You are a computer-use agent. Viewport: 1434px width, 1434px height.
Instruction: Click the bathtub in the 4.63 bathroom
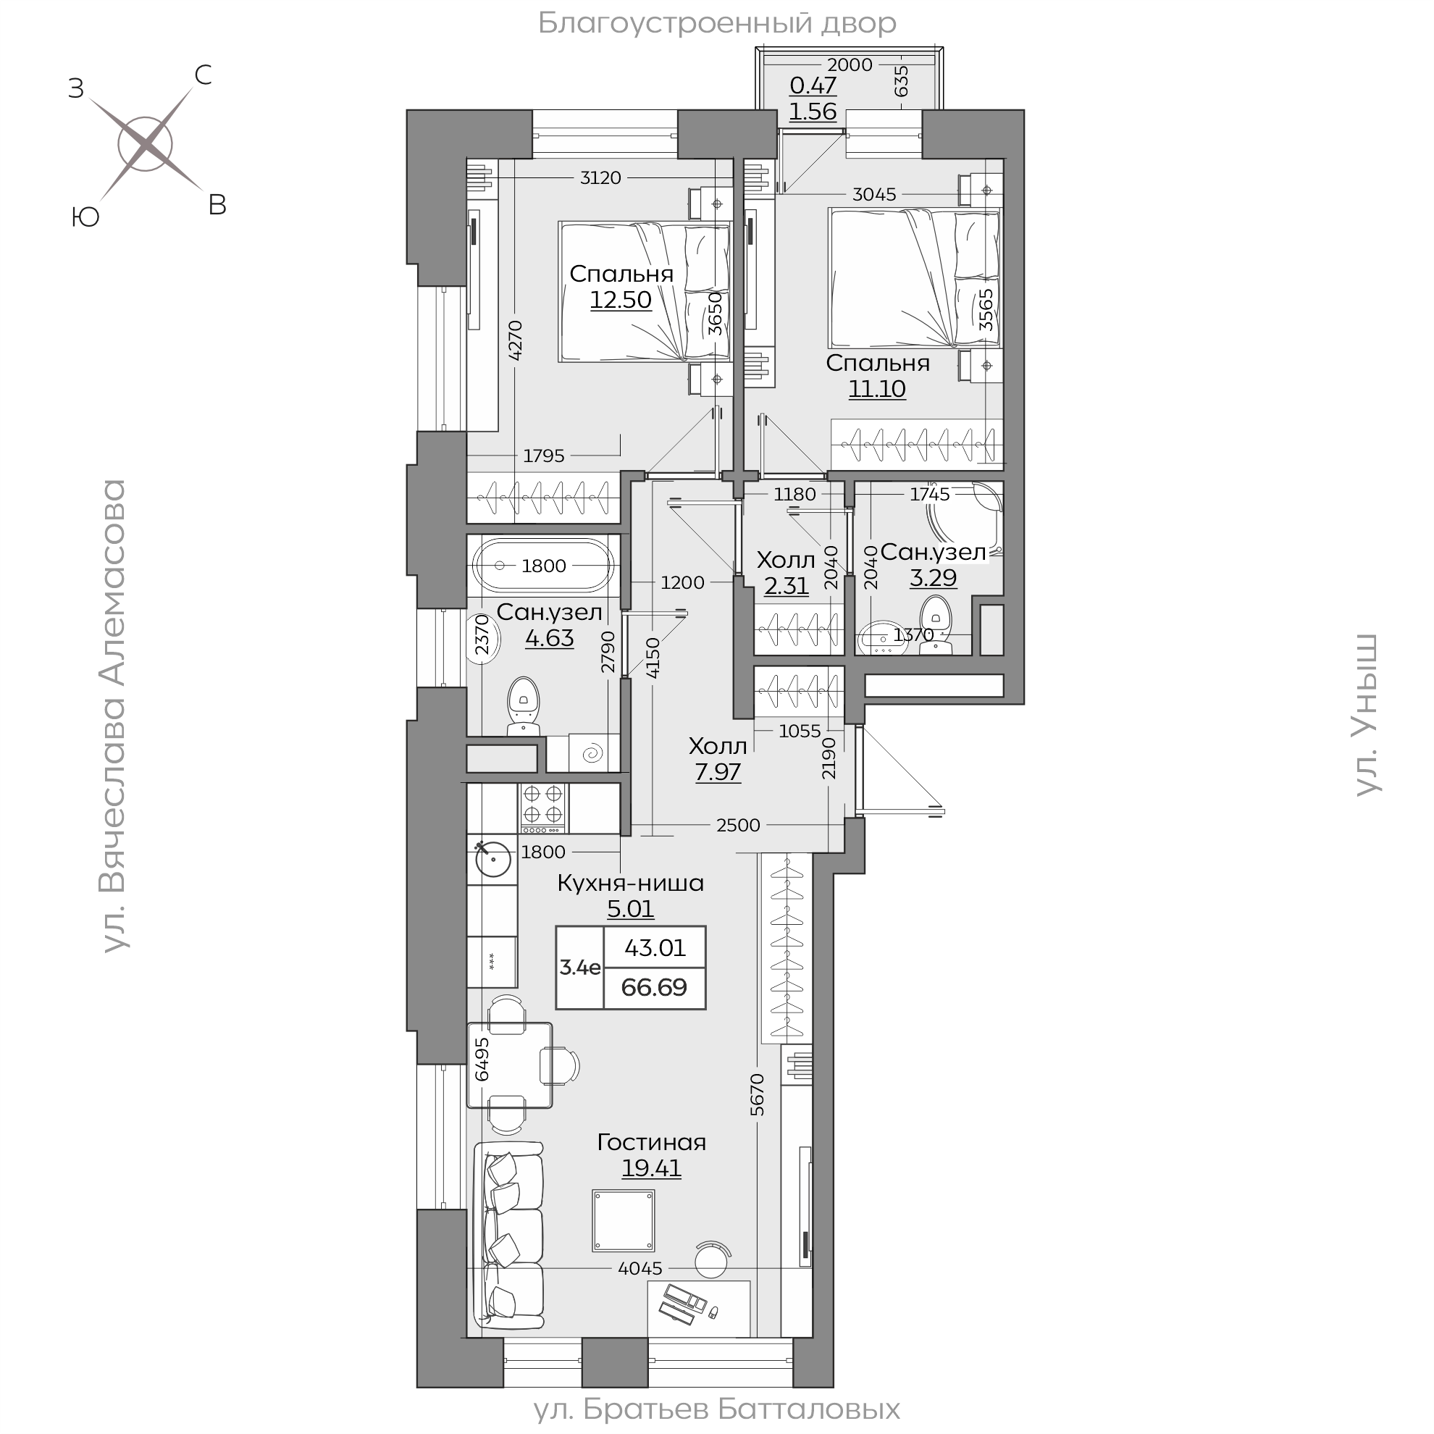pyautogui.click(x=543, y=566)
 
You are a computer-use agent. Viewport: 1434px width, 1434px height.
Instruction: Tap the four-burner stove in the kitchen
pyautogui.click(x=542, y=808)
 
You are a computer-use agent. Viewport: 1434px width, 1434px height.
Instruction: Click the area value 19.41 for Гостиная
pyautogui.click(x=651, y=1167)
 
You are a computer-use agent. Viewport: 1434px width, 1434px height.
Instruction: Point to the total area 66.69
pyautogui.click(x=654, y=987)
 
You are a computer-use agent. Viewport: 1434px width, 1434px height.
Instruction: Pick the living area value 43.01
pyautogui.click(x=655, y=948)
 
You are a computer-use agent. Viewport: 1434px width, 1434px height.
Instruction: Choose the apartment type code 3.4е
pyautogui.click(x=579, y=967)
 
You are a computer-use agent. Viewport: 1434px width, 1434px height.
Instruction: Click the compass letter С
pyautogui.click(x=203, y=75)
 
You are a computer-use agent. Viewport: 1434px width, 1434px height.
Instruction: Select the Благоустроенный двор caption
pyautogui.click(x=717, y=24)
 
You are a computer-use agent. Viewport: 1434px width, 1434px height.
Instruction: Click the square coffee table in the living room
pyautogui.click(x=623, y=1220)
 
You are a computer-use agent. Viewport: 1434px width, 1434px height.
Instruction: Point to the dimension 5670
pyautogui.click(x=756, y=1095)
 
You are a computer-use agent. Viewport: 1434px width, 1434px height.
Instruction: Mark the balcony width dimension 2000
pyautogui.click(x=850, y=64)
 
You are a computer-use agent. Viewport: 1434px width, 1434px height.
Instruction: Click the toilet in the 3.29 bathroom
pyautogui.click(x=935, y=627)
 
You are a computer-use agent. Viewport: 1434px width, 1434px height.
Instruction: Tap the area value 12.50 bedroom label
pyautogui.click(x=621, y=300)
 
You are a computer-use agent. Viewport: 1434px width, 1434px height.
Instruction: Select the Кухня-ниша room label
pyautogui.click(x=630, y=884)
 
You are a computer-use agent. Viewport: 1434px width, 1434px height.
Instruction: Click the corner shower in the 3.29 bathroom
pyautogui.click(x=973, y=512)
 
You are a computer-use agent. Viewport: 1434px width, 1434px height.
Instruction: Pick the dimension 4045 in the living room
pyautogui.click(x=640, y=1268)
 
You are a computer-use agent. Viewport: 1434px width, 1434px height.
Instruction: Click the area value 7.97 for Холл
pyautogui.click(x=718, y=772)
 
